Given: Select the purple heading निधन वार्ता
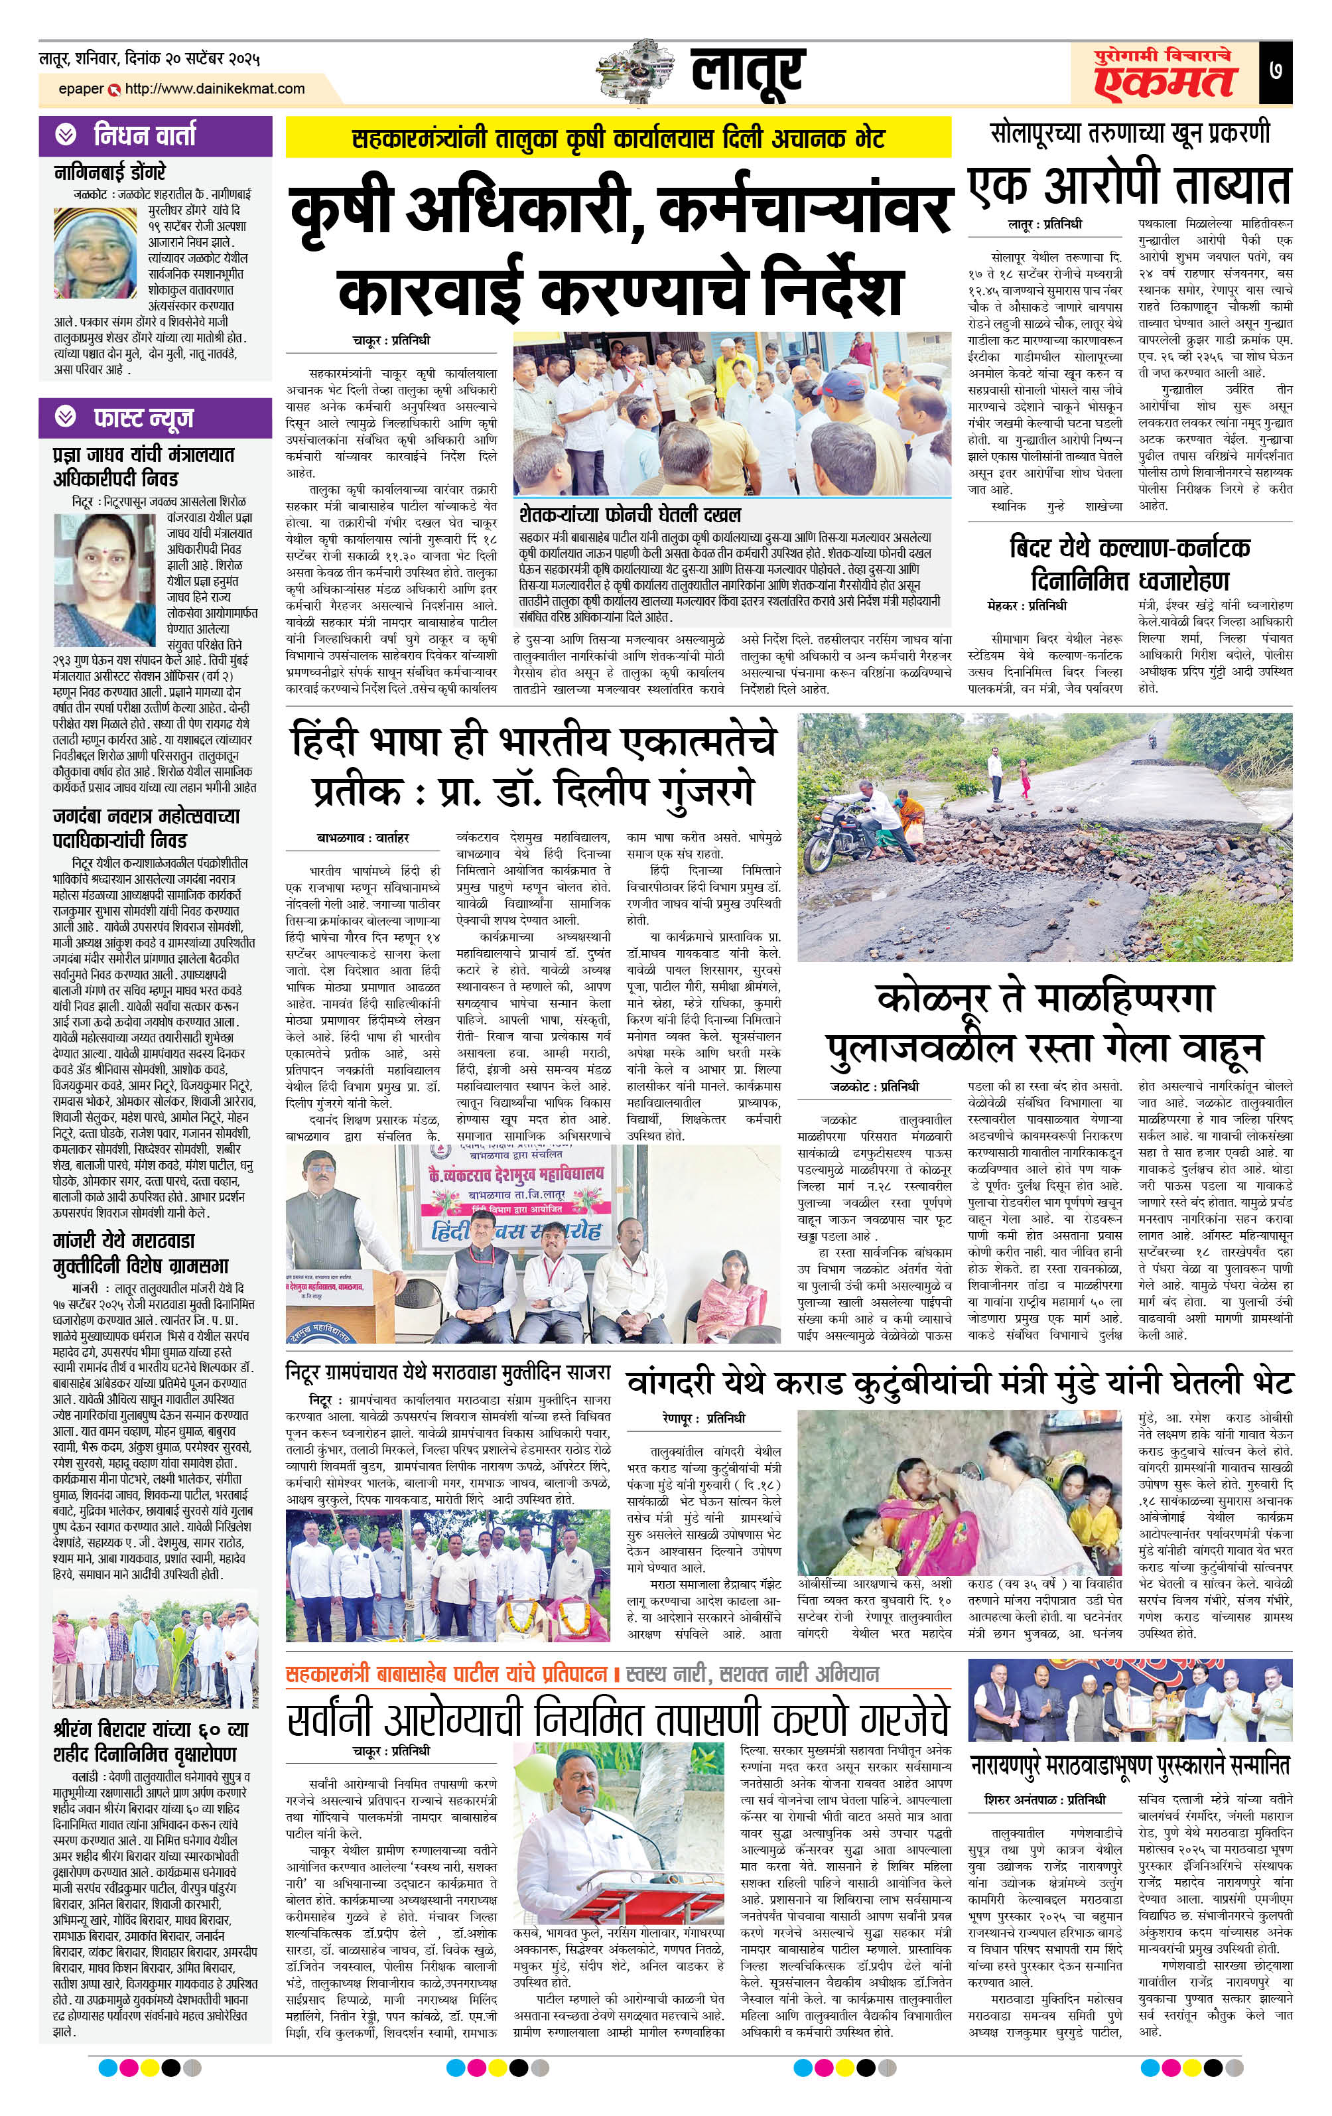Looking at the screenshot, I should (x=144, y=135).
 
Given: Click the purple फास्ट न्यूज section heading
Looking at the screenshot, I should (x=143, y=418).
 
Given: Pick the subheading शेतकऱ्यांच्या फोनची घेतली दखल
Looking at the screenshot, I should (x=629, y=514).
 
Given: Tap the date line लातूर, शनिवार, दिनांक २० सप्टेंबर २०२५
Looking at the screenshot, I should (x=149, y=60).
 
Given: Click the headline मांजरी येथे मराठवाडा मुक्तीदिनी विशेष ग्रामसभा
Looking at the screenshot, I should (x=140, y=1253).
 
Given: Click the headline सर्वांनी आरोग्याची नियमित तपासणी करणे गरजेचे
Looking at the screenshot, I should (x=618, y=1715).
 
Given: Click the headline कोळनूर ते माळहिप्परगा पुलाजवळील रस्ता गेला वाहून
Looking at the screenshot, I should (x=1044, y=1022).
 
